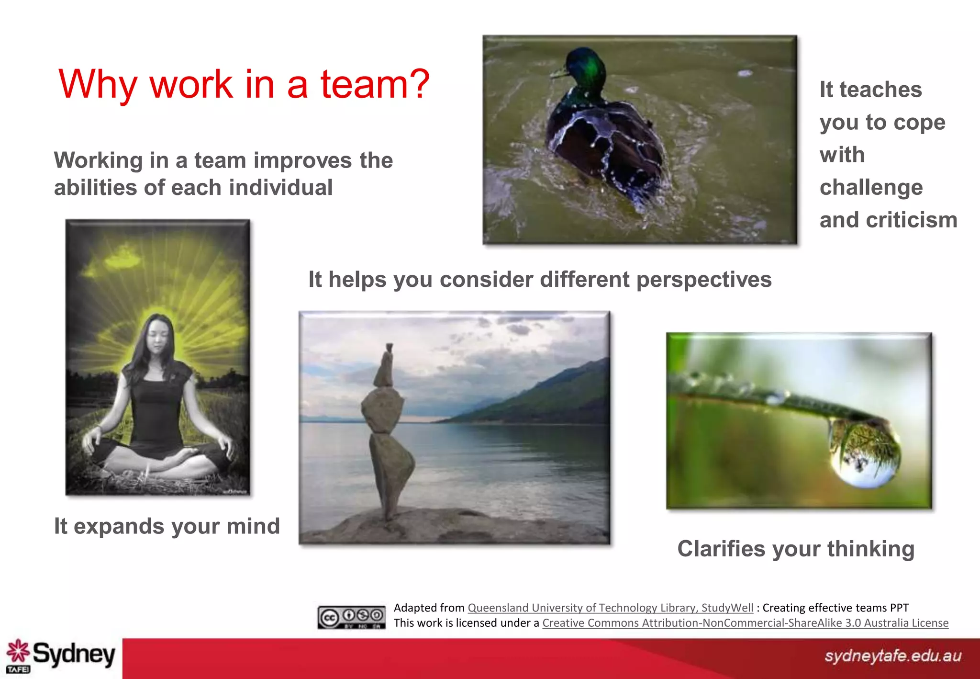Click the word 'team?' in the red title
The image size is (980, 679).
375,84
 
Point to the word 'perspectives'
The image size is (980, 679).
703,280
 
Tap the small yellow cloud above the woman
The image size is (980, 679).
123,259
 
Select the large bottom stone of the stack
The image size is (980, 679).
390,472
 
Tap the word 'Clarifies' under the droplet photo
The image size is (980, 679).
721,549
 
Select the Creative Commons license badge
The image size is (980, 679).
351,617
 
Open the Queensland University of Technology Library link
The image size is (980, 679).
610,608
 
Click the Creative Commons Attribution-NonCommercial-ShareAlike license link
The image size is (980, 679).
745,623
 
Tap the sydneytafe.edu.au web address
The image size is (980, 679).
892,656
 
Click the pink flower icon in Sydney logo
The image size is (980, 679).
18,651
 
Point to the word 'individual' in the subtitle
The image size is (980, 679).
280,188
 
